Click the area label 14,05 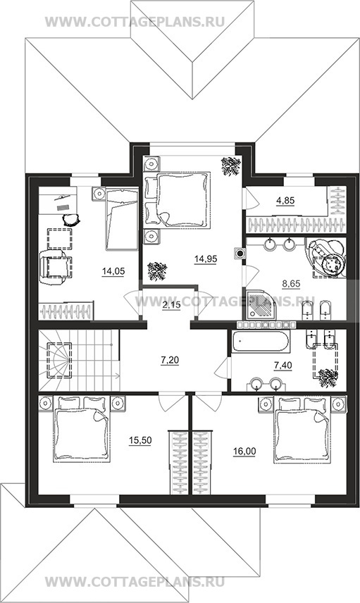click(113, 271)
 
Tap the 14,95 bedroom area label click(206, 259)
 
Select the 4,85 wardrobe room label click(285, 200)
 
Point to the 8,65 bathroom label click(291, 284)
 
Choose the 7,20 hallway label click(170, 361)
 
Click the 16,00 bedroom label click(244, 451)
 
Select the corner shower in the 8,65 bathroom click(261, 304)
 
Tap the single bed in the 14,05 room click(121, 218)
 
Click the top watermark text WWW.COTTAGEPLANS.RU click(135, 22)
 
